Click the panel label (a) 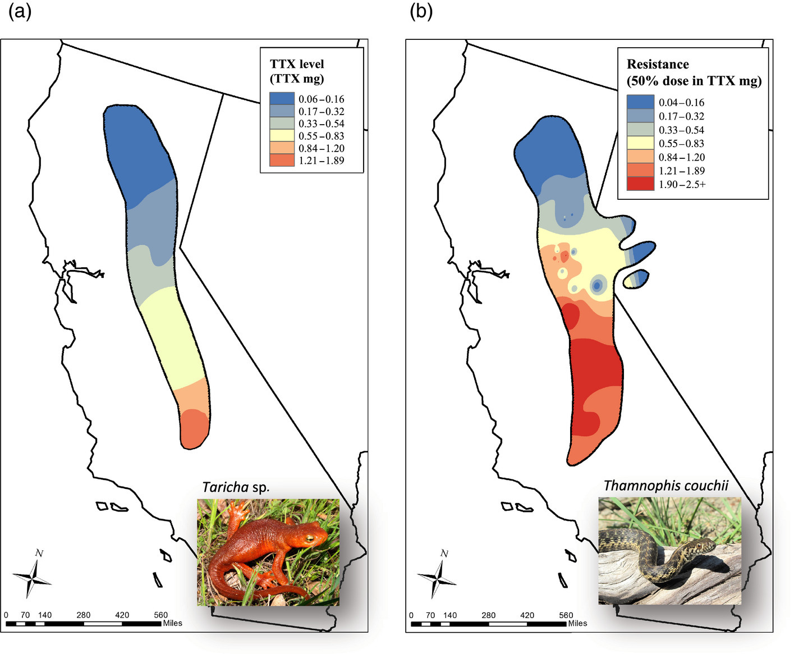pyautogui.click(x=20, y=11)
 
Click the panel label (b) pyautogui.click(x=421, y=11)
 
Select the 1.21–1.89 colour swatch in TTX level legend pyautogui.click(x=282, y=161)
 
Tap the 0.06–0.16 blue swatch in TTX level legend pyautogui.click(x=282, y=99)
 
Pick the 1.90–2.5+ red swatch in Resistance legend pyautogui.click(x=640, y=184)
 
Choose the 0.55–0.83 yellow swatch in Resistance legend pyautogui.click(x=640, y=144)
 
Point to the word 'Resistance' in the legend pyautogui.click(x=658, y=64)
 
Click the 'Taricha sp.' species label pyautogui.click(x=236, y=487)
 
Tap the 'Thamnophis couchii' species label pyautogui.click(x=666, y=486)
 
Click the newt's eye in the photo pyautogui.click(x=309, y=538)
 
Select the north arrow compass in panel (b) pyautogui.click(x=438, y=577)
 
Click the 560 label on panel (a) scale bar pyautogui.click(x=160, y=615)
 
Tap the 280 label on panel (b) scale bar pyautogui.click(x=488, y=615)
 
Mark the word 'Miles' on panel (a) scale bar pyautogui.click(x=173, y=623)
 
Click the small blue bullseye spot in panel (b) pyautogui.click(x=597, y=285)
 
